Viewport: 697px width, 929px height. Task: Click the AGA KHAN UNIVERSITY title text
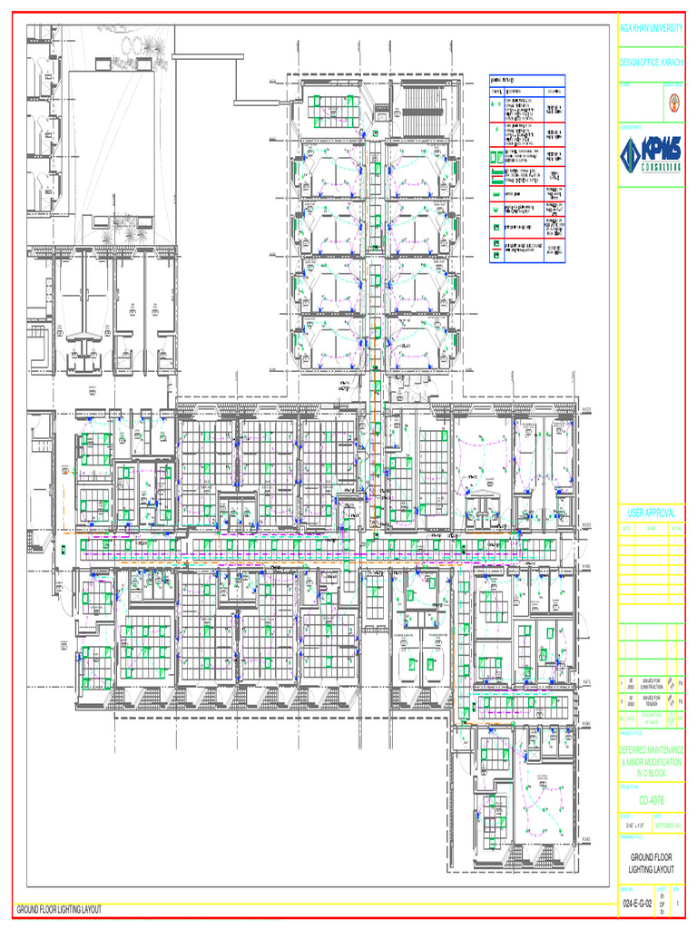pyautogui.click(x=651, y=30)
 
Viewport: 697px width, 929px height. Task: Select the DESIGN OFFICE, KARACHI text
pyautogui.click(x=651, y=63)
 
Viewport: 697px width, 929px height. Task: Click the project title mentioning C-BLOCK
pyautogui.click(x=651, y=761)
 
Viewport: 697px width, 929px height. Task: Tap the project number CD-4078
pyautogui.click(x=651, y=801)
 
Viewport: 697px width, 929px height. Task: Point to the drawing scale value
pyautogui.click(x=633, y=826)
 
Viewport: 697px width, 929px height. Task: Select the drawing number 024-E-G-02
pyautogui.click(x=636, y=905)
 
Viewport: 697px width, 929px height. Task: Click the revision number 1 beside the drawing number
pyautogui.click(x=677, y=905)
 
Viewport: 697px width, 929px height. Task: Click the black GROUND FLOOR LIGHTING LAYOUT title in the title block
pyautogui.click(x=651, y=863)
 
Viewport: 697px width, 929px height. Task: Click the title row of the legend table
pyautogui.click(x=527, y=79)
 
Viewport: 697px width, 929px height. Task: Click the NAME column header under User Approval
pyautogui.click(x=651, y=528)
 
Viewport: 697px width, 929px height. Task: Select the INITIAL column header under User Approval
pyautogui.click(x=676, y=528)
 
